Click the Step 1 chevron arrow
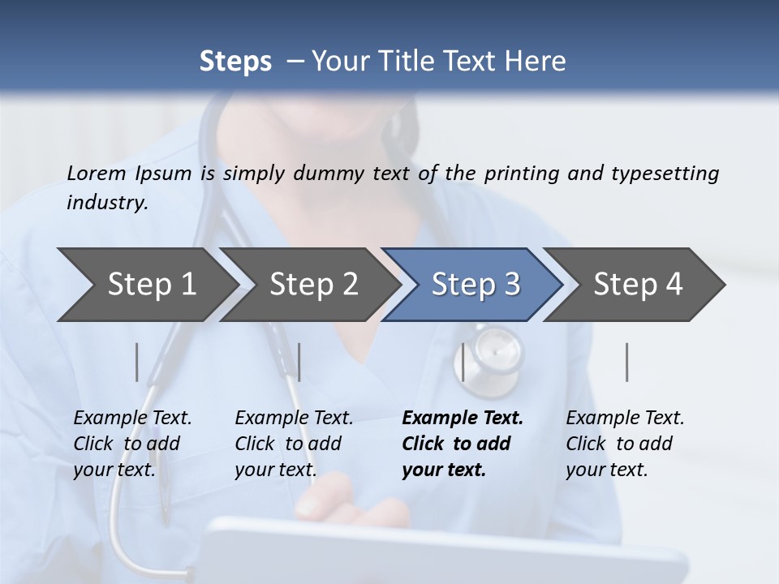[146, 285]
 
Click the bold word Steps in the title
[235, 62]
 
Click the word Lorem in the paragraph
[96, 173]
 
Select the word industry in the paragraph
[106, 203]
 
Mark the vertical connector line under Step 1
[137, 362]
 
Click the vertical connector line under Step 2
[299, 362]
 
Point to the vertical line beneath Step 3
[463, 362]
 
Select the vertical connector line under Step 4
[627, 362]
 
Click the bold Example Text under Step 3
[463, 419]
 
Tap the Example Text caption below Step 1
[132, 419]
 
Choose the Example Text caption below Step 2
[294, 419]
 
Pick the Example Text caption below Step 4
[625, 419]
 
